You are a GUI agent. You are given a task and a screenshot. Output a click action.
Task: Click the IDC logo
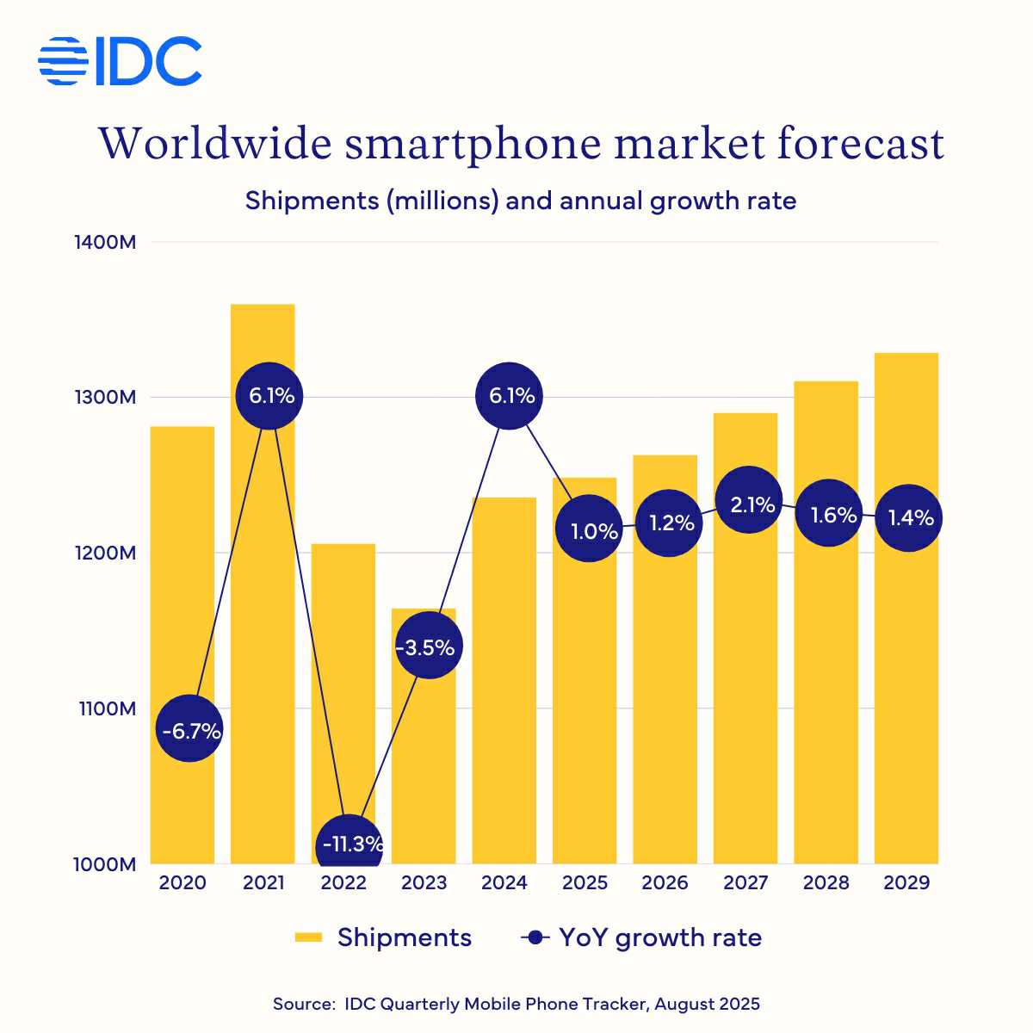(120, 61)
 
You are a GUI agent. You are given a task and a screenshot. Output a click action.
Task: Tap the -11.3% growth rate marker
(349, 844)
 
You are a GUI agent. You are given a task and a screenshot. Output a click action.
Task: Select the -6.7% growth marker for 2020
(189, 730)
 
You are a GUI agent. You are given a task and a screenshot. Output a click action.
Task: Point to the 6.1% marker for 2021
(269, 396)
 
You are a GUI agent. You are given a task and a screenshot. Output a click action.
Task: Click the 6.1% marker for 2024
(510, 396)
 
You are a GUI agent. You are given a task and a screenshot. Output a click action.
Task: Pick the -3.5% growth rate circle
(428, 646)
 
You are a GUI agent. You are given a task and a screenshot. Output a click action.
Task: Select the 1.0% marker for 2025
(589, 530)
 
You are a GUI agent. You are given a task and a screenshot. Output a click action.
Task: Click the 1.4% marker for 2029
(909, 518)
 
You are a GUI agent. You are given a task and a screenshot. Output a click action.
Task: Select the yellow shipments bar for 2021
(263, 603)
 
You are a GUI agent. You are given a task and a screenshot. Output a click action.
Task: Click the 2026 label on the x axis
(665, 882)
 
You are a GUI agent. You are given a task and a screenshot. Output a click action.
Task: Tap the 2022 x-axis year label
(343, 882)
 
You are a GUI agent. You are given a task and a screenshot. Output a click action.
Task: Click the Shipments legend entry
(383, 937)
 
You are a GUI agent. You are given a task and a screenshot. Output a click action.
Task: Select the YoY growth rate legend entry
(642, 937)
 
